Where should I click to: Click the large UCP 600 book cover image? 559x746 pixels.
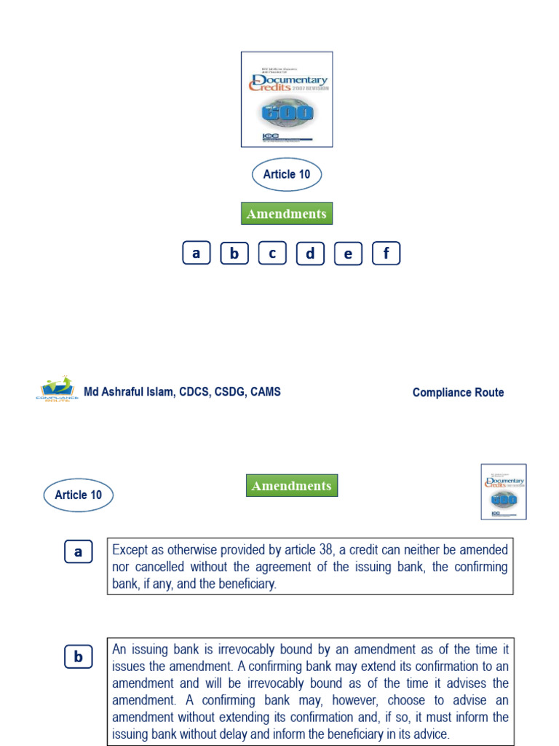pyautogui.click(x=287, y=99)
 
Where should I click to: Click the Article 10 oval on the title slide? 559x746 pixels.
pyautogui.click(x=287, y=175)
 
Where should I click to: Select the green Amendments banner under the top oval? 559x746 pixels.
pyautogui.click(x=287, y=213)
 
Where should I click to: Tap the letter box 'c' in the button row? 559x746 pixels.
pyautogui.click(x=272, y=254)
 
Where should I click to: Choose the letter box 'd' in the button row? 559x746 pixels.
pyautogui.click(x=310, y=254)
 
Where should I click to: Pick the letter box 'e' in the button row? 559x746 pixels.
pyautogui.click(x=348, y=254)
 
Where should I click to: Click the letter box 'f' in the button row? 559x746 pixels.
pyautogui.click(x=386, y=254)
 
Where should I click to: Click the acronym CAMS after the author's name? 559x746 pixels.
pyautogui.click(x=265, y=392)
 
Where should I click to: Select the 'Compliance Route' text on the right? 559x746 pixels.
pyautogui.click(x=458, y=392)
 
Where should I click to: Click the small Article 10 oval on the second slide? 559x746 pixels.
pyautogui.click(x=79, y=495)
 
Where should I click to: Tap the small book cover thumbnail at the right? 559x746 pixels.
pyautogui.click(x=503, y=492)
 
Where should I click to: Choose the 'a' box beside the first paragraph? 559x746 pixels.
pyautogui.click(x=78, y=552)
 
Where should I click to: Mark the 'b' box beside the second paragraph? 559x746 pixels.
pyautogui.click(x=78, y=657)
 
